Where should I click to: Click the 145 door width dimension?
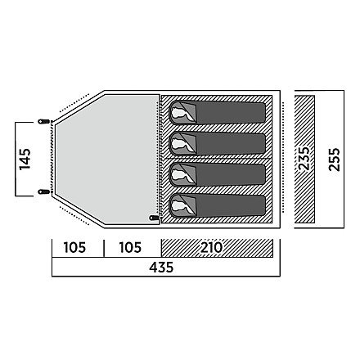pyautogui.click(x=25, y=159)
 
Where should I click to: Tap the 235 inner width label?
pyautogui.click(x=304, y=159)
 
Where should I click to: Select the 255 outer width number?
pyautogui.click(x=335, y=160)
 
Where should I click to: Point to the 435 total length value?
pyautogui.click(x=161, y=268)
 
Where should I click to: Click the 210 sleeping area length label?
pyautogui.click(x=212, y=248)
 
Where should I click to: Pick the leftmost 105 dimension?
pyautogui.click(x=74, y=248)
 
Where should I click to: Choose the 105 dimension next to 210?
pyautogui.click(x=130, y=248)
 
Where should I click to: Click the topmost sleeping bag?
pyautogui.click(x=217, y=113)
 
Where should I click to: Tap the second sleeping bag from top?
pyautogui.click(x=217, y=144)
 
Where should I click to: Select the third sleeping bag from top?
pyautogui.click(x=217, y=175)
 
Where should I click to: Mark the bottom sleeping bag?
pyautogui.click(x=217, y=206)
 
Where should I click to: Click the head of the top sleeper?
pyautogui.click(x=179, y=113)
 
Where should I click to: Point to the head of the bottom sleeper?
pyautogui.click(x=179, y=206)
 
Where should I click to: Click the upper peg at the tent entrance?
pyautogui.click(x=43, y=121)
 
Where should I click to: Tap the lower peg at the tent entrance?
pyautogui.click(x=43, y=191)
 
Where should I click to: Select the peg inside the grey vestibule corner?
pyautogui.click(x=154, y=218)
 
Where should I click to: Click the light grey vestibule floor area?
pyautogui.click(x=108, y=158)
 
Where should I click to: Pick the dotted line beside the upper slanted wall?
pyautogui.click(x=74, y=103)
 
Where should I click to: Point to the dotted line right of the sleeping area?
pyautogui.click(x=284, y=157)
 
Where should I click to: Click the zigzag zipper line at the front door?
pyautogui.click(x=52, y=156)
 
